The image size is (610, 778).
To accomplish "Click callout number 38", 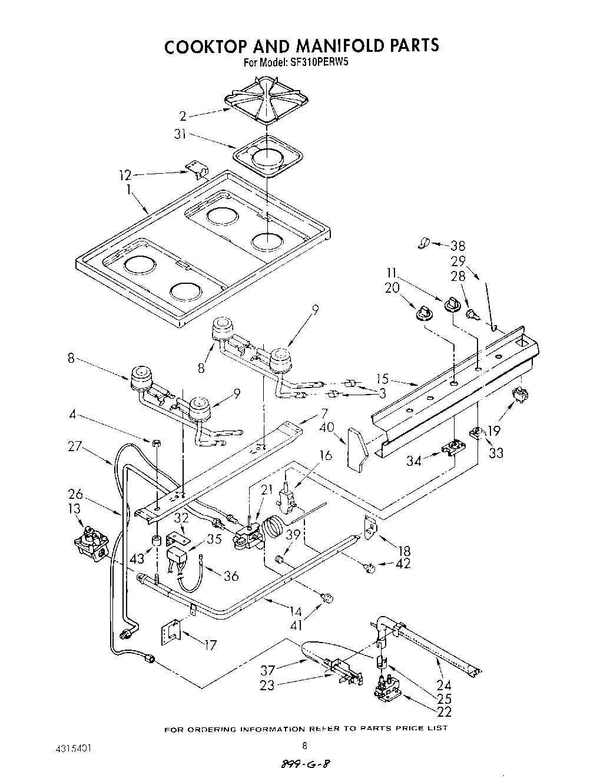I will [458, 246].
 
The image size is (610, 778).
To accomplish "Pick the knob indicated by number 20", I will [423, 312].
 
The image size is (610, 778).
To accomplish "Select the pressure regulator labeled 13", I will [89, 540].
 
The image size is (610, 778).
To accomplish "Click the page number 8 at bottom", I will [304, 745].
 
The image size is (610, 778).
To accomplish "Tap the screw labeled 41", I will [325, 599].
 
